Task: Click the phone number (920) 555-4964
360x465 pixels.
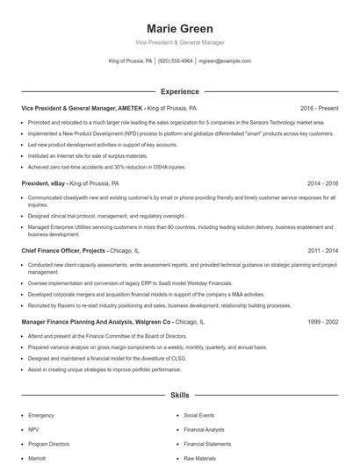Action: click(x=176, y=61)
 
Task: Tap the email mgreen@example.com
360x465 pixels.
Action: click(x=225, y=61)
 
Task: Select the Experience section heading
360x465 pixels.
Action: click(x=179, y=91)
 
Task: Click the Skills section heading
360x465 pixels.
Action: click(x=179, y=397)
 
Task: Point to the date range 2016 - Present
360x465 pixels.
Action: click(x=319, y=108)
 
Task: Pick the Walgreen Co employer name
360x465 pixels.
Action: click(x=155, y=322)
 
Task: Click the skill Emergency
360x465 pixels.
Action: click(x=41, y=414)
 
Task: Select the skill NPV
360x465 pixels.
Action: click(x=34, y=429)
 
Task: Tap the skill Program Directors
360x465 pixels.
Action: click(x=49, y=444)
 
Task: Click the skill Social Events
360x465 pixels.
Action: click(x=199, y=414)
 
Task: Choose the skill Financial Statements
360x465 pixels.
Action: click(x=207, y=444)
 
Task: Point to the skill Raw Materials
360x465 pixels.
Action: click(x=200, y=459)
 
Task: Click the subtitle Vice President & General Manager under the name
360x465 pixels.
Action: click(x=179, y=42)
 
